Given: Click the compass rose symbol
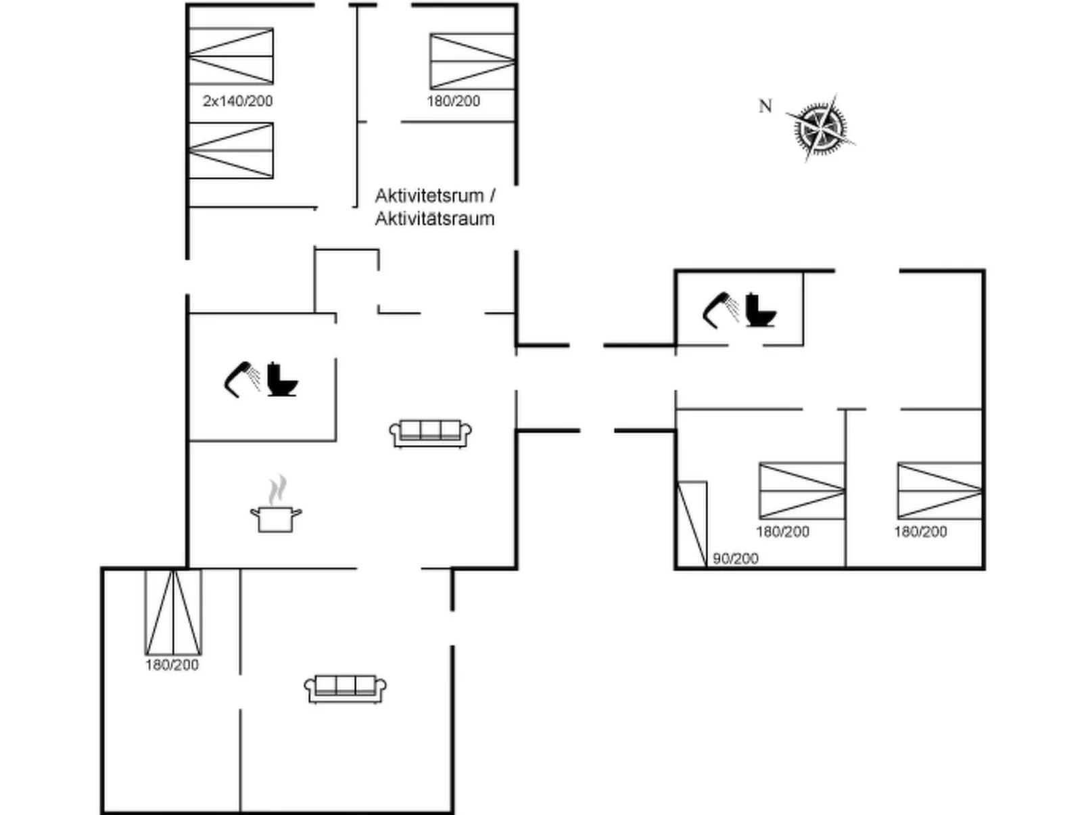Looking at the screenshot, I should click(820, 128).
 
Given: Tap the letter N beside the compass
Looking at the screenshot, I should click(765, 106).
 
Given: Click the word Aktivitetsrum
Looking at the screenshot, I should click(429, 195).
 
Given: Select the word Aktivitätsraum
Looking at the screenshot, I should click(435, 219).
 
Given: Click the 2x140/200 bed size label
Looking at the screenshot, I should click(237, 101).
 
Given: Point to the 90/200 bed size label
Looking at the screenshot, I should click(735, 559).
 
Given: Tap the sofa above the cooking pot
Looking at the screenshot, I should click(430, 433).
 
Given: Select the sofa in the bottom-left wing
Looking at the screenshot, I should click(345, 689).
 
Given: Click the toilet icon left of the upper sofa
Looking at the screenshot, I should click(282, 379).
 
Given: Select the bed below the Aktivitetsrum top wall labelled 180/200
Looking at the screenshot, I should click(472, 62).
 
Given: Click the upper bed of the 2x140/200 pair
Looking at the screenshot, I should click(231, 56).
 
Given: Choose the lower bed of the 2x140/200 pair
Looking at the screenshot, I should click(231, 150).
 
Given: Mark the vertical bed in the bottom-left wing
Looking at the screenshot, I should click(173, 612).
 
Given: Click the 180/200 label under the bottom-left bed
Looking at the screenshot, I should click(172, 666).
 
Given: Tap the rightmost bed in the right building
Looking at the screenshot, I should click(939, 490).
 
